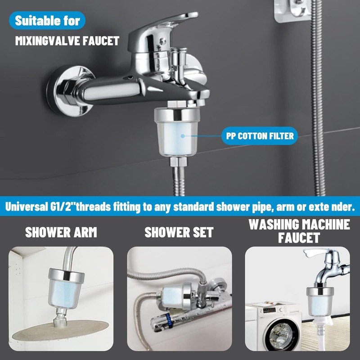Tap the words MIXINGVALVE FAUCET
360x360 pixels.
[67, 41]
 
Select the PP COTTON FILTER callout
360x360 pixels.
[259, 135]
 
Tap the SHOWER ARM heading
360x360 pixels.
[61, 232]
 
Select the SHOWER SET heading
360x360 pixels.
[179, 232]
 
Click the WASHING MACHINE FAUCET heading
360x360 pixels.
[299, 230]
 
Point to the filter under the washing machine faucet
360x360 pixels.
[320, 301]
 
